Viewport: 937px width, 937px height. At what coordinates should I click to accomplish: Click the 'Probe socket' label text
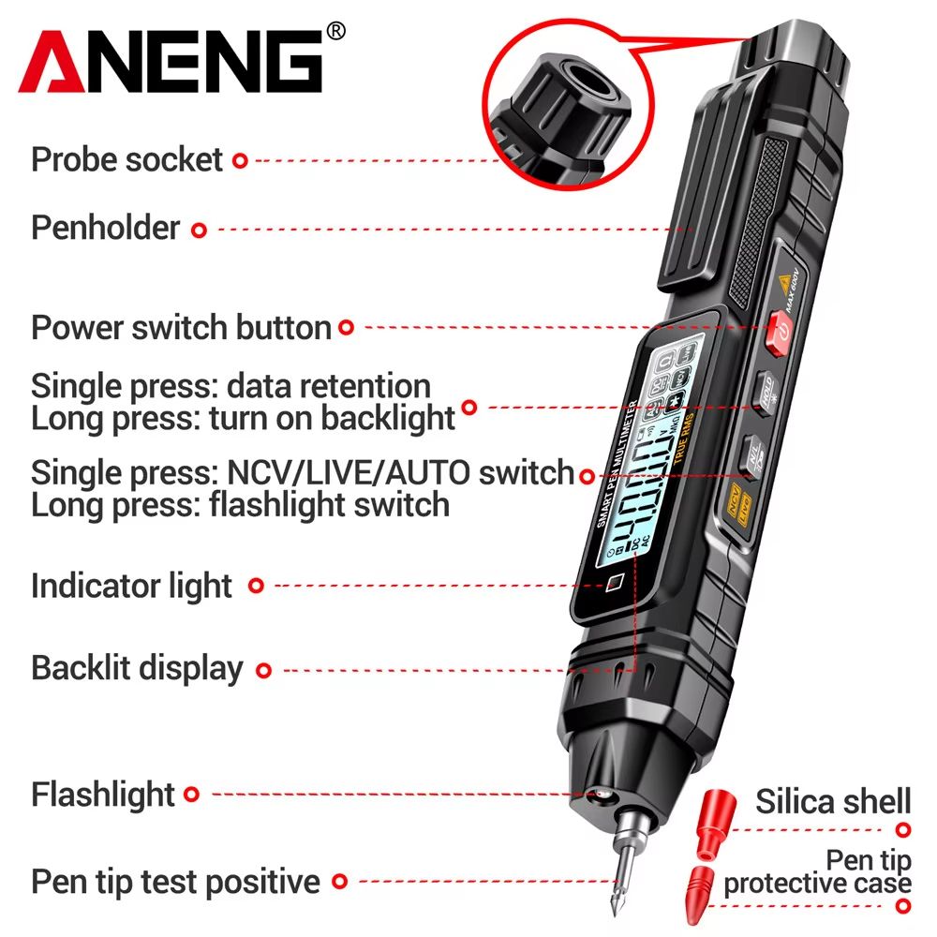pos(127,159)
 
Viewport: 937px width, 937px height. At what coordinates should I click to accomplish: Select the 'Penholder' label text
pos(105,228)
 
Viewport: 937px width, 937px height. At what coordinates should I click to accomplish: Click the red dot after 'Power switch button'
pos(346,327)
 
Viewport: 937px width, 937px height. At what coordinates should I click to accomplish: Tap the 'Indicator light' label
pos(131,586)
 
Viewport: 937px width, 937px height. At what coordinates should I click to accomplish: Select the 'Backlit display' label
pos(137,669)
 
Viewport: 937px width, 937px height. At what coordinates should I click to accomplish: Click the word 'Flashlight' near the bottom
pos(103,795)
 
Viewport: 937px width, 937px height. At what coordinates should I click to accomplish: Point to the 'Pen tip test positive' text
pos(175,882)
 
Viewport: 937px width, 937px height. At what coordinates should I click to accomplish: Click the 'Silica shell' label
pos(833,802)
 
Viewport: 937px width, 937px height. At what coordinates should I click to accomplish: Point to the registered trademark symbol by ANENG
pos(336,31)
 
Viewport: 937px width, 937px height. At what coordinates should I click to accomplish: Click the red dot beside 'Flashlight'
pos(191,795)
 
